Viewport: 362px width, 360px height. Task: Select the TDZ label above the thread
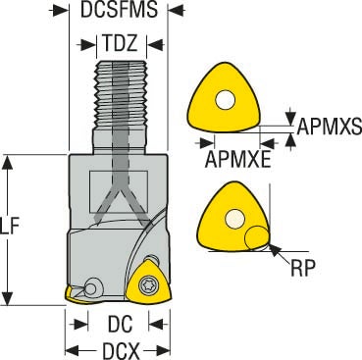[125, 45]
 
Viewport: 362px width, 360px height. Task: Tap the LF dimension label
[10, 229]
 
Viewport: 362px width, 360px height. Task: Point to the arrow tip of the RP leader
[270, 244]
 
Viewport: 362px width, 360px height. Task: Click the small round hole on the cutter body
[91, 287]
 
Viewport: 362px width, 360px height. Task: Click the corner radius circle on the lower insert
[256, 234]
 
